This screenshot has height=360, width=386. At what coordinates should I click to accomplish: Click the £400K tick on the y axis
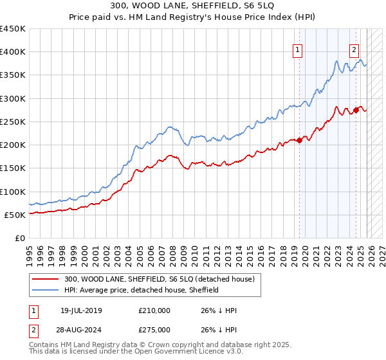point(13,52)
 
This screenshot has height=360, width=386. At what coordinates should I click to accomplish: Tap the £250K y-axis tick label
point(13,122)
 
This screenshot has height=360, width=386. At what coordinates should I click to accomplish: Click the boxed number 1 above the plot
point(299,51)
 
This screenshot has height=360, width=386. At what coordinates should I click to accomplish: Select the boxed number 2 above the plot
point(354,51)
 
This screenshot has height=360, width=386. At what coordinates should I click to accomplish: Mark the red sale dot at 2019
point(299,141)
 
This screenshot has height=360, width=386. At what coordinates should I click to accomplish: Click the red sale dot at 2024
point(356,111)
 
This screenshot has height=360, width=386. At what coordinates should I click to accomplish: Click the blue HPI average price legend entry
point(142,290)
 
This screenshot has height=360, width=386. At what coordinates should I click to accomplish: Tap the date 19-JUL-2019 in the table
point(78,310)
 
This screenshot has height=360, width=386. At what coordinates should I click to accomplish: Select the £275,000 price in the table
point(154,328)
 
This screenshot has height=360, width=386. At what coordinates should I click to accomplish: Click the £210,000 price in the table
point(154,310)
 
